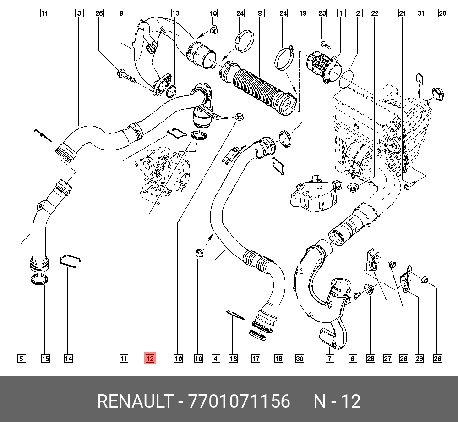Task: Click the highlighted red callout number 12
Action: coord(150,358)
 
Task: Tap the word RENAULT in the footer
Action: coord(134,402)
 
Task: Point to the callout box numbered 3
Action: coord(79,14)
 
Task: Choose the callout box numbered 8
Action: coord(260,14)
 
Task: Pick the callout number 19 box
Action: coord(303,14)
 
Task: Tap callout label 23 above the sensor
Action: coord(322,14)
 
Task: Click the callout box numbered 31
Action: coord(421,14)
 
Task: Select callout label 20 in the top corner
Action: coord(442,14)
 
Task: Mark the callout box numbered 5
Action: coord(22,358)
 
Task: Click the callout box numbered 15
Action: coord(45,358)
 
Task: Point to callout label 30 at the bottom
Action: coord(300,358)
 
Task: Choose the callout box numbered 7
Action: coord(329,358)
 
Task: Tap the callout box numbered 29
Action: coord(419,358)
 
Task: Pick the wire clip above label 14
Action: coord(71,261)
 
